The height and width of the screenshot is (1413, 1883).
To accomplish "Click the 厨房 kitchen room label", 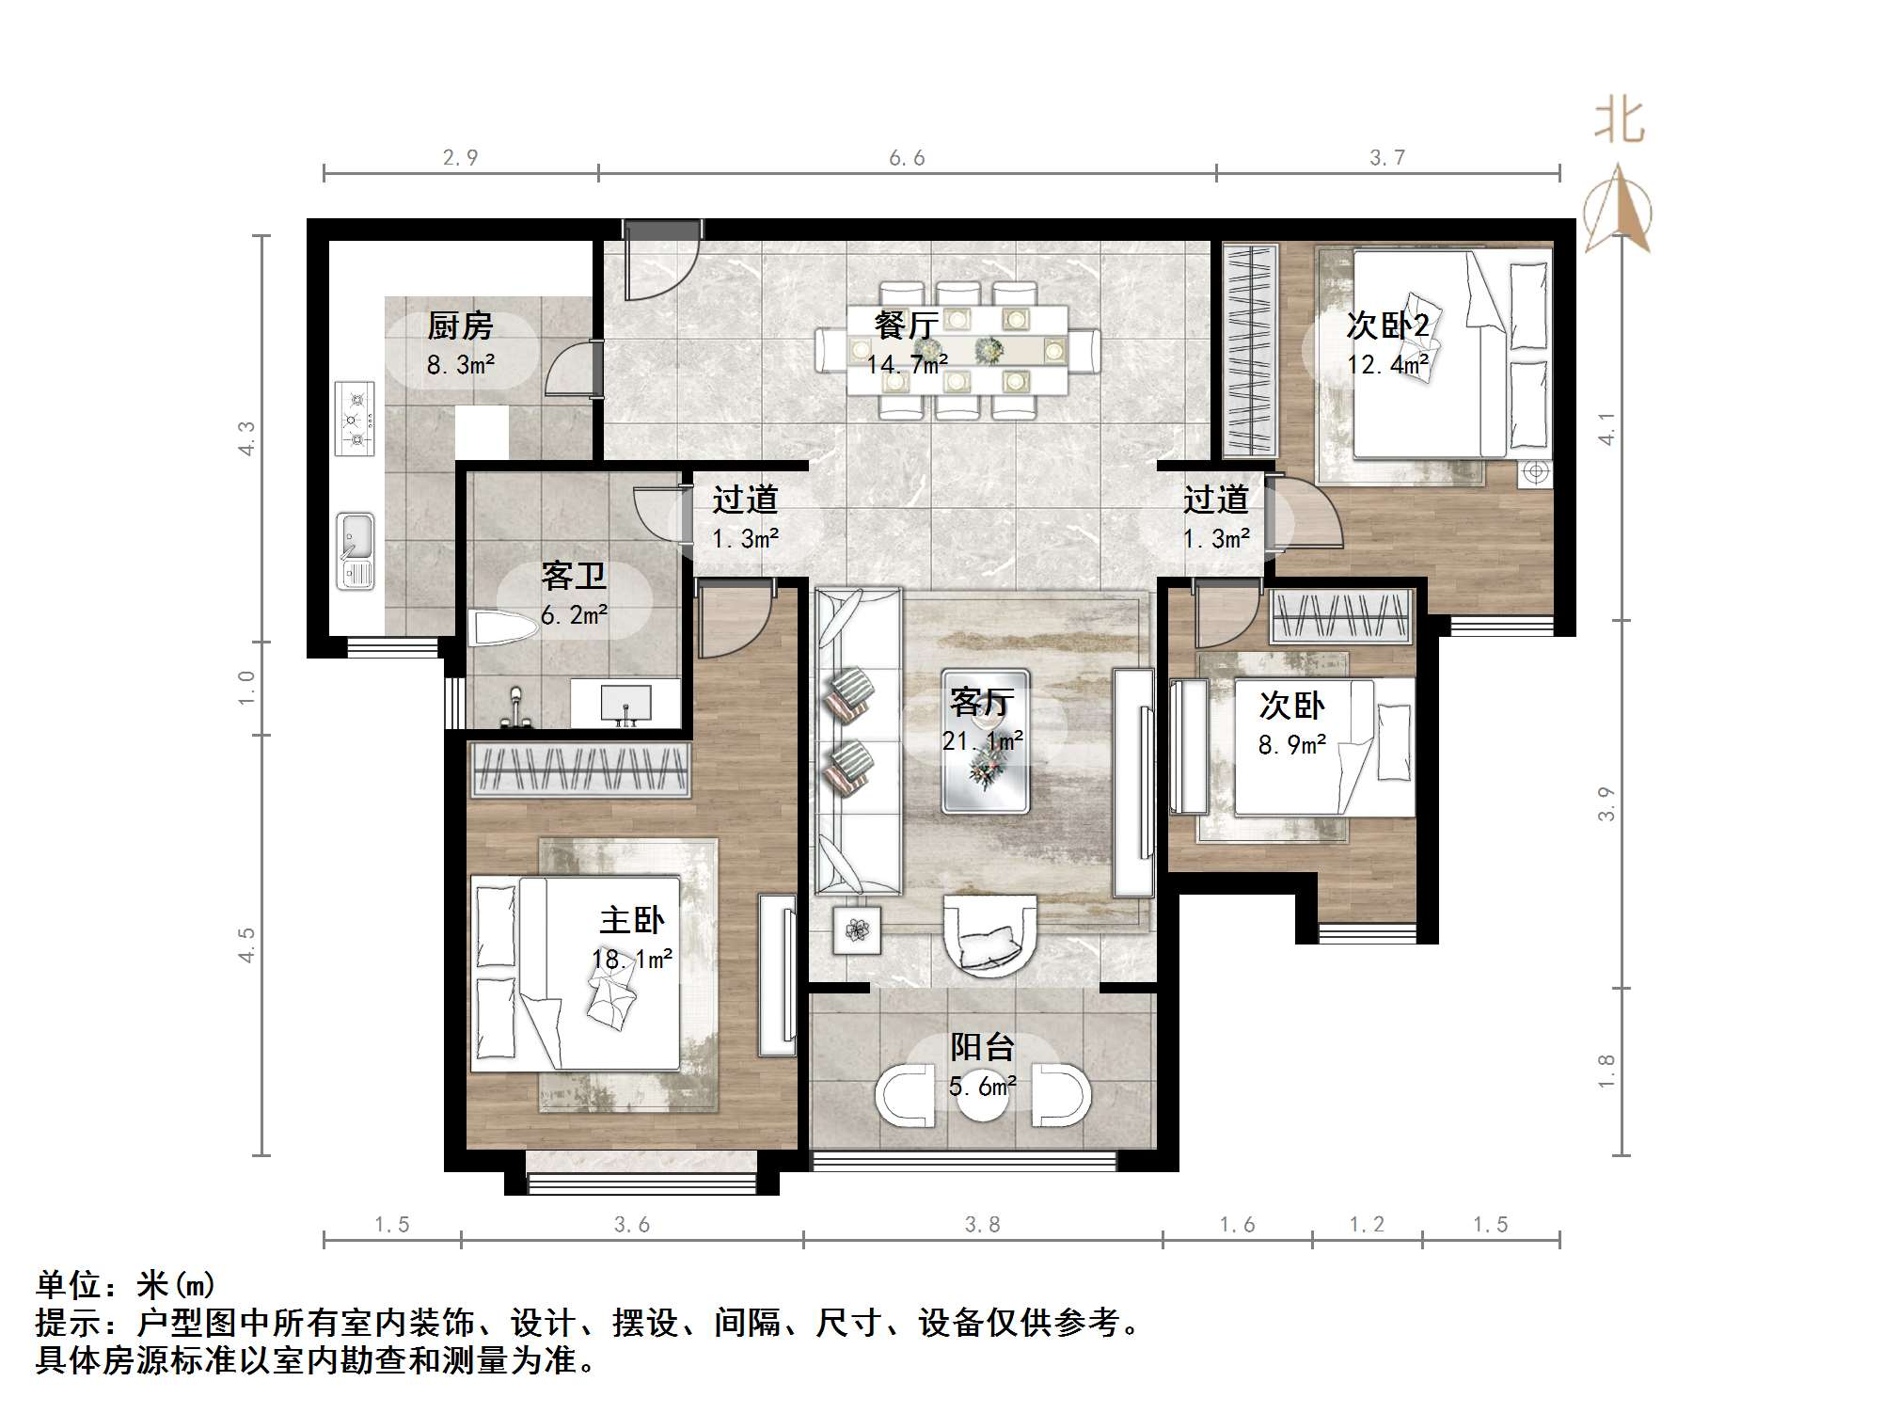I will pos(460,326).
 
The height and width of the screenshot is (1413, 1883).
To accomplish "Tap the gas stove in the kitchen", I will pos(356,419).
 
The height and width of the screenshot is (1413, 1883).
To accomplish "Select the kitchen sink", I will pos(356,550).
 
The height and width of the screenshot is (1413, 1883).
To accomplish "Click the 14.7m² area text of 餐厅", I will pos(907,364).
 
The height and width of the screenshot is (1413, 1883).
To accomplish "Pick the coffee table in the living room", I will pos(985,741).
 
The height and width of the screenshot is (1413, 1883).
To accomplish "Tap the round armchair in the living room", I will pos(989,935).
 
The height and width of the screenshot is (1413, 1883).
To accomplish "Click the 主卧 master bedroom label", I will pos(632,920).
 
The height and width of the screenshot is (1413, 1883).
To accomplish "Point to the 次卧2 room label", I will pos(1387,325).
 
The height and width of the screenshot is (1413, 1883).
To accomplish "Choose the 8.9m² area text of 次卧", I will pos(1292,745).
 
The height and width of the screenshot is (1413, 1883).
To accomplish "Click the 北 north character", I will pos(1619,121).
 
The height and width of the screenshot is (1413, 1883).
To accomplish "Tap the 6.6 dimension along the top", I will pos(908,158).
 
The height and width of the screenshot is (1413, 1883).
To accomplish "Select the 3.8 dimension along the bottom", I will pos(982,1224).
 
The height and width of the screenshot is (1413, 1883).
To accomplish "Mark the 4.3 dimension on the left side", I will pos(246,438).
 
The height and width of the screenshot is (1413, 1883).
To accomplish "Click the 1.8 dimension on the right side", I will pos(1606,1072).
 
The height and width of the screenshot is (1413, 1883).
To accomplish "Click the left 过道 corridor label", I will pos(745,500).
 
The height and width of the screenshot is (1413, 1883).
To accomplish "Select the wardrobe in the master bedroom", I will pos(580,769).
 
